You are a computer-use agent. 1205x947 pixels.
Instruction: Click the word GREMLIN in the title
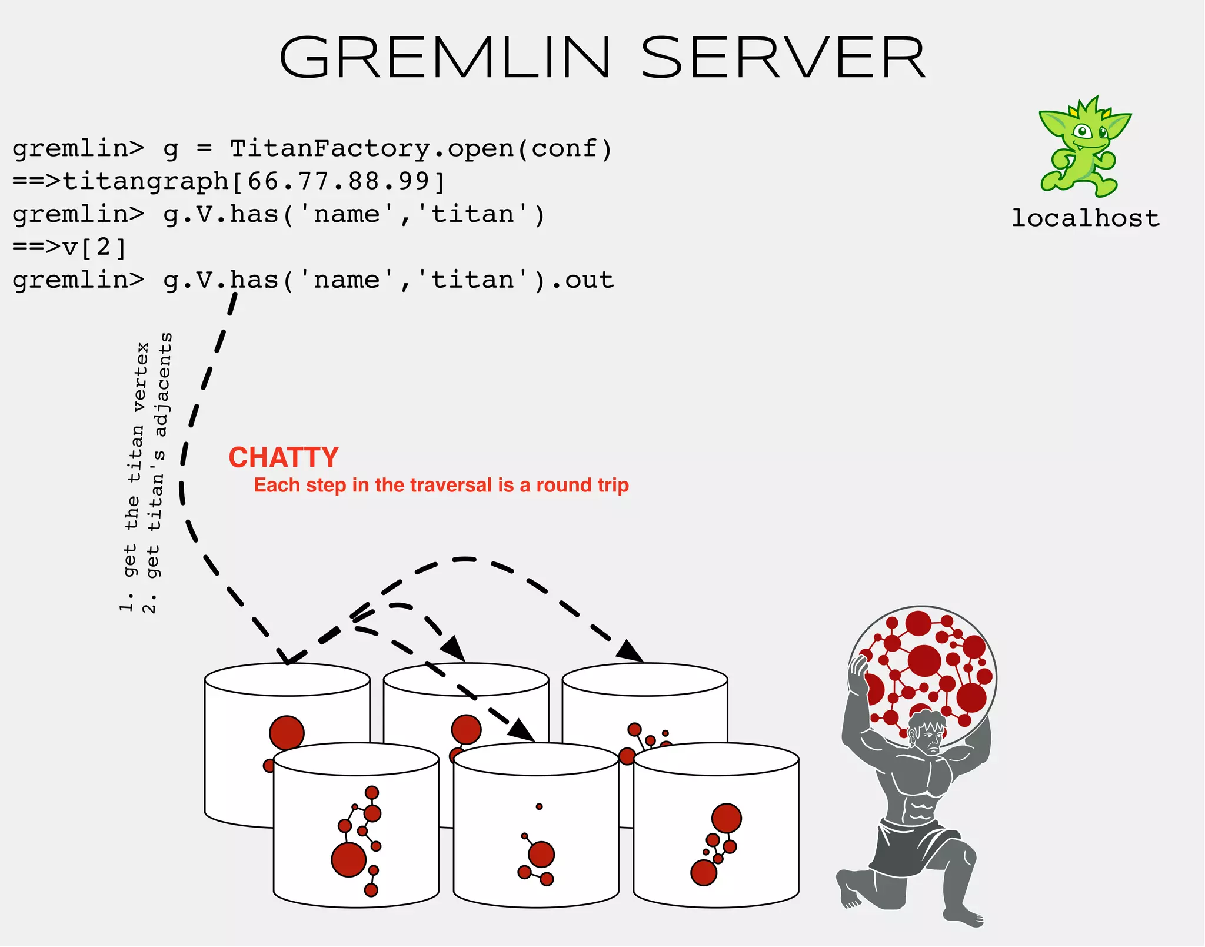(445, 57)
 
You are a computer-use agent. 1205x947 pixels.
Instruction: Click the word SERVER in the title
(783, 57)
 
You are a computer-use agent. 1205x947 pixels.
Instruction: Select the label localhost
(1085, 218)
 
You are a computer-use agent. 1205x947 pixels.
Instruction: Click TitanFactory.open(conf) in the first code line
(421, 148)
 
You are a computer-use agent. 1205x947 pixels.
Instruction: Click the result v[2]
(94, 247)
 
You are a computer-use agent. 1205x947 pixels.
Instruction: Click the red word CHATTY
(283, 457)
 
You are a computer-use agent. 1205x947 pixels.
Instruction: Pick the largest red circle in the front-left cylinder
(349, 859)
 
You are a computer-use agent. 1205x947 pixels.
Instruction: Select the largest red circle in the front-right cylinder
(726, 818)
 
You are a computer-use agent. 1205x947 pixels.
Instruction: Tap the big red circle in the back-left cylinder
(287, 733)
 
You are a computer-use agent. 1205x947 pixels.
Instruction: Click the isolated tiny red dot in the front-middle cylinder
(539, 806)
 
